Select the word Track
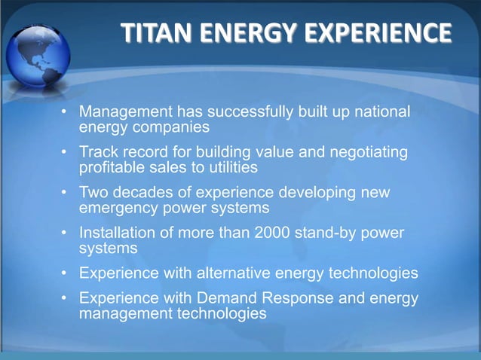pyautogui.click(x=99, y=153)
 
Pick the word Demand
pyautogui.click(x=217, y=298)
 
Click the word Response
pyautogui.click(x=300, y=298)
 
